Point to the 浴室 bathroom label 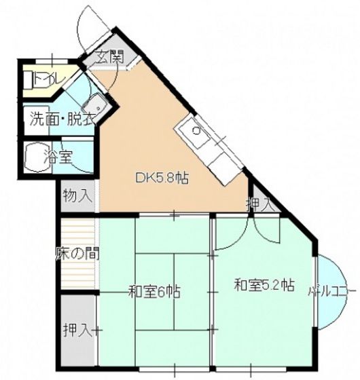tap(58, 157)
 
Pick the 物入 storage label tap(76, 197)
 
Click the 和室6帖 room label tap(155, 292)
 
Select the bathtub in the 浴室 tap(35, 158)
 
